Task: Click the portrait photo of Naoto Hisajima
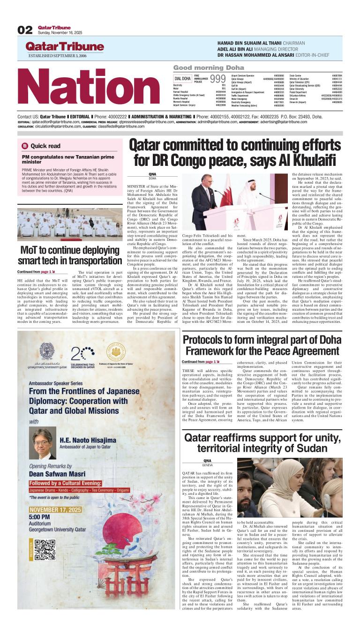(x=43, y=443)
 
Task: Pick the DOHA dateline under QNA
(x=152, y=179)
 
